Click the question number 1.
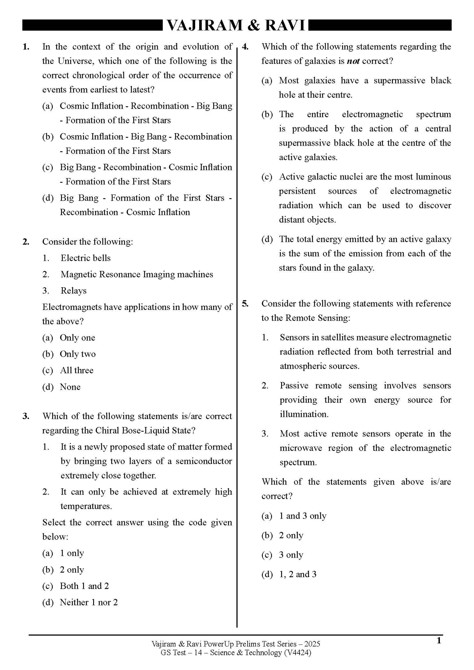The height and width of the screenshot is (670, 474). [x=26, y=47]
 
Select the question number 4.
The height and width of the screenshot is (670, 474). [x=245, y=47]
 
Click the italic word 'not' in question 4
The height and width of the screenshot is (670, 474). [x=353, y=61]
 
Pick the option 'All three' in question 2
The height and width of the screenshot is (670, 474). [x=76, y=371]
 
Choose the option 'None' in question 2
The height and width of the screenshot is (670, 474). [x=70, y=387]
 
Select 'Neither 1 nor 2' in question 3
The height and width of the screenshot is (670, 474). [x=89, y=602]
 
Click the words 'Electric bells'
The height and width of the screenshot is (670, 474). [x=86, y=258]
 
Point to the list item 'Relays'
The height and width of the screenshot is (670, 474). [x=73, y=291]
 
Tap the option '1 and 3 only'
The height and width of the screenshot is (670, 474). [x=302, y=516]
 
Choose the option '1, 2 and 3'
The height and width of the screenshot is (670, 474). [x=298, y=574]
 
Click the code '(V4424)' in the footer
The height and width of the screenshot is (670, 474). [x=297, y=653]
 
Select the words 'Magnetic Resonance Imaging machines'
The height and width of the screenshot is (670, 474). [x=137, y=274]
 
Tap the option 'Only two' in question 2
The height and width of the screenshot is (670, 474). [x=77, y=354]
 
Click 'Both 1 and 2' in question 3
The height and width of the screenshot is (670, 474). [x=84, y=586]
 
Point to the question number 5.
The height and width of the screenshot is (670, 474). [x=245, y=304]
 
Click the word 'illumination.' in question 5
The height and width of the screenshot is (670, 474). [x=304, y=414]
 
